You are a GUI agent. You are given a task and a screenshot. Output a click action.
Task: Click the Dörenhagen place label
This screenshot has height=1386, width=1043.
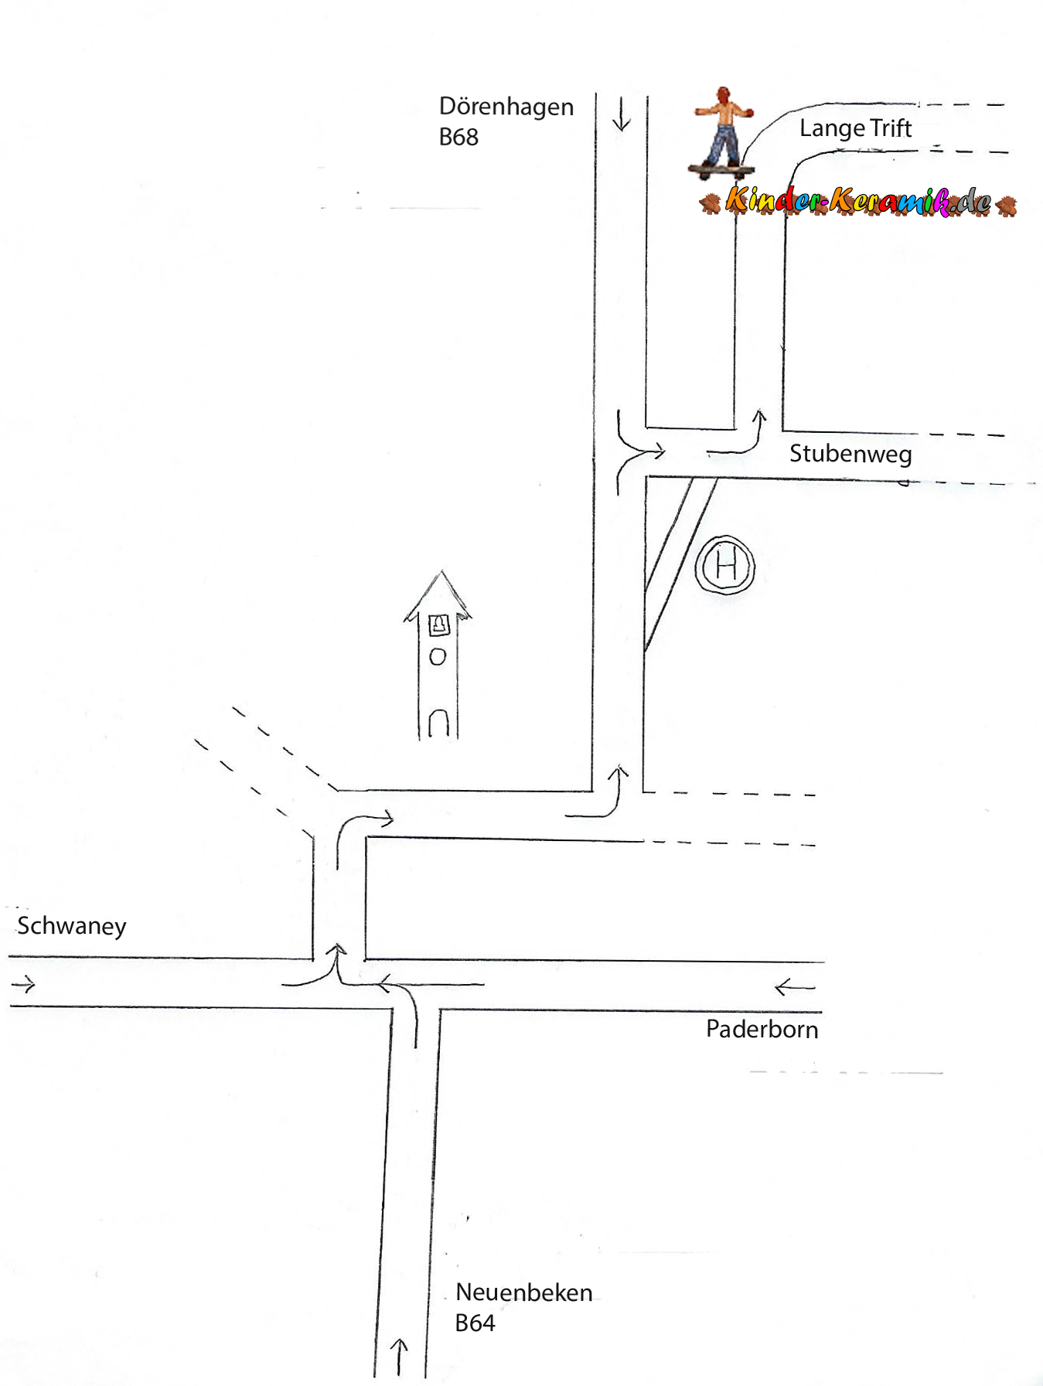506,107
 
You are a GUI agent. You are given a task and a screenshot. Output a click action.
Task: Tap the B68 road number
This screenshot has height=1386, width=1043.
458,138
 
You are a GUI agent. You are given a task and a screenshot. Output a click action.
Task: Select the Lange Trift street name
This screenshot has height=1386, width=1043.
855,128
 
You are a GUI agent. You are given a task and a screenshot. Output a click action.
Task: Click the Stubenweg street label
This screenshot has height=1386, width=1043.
850,454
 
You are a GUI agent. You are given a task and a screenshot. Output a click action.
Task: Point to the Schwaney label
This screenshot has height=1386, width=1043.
71,926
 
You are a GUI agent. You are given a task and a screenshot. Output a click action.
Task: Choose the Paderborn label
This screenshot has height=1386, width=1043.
762,1030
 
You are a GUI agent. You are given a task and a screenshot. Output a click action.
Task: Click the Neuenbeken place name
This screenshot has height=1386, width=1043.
523,1292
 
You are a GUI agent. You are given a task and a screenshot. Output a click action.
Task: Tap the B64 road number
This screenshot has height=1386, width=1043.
475,1323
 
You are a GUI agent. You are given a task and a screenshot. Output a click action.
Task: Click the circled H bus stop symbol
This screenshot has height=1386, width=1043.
724,566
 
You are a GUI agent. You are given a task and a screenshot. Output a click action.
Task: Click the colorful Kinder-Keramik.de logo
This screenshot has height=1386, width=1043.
858,202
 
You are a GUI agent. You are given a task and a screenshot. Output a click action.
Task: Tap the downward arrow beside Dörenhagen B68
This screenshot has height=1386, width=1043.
621,114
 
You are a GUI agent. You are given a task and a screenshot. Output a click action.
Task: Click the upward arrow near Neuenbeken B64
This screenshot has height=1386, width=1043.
399,1357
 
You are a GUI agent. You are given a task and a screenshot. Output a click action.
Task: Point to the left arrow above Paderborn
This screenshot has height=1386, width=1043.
795,987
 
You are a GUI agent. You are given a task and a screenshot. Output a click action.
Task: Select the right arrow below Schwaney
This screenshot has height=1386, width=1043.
24,984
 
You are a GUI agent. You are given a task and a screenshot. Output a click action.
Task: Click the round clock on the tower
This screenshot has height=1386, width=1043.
438,657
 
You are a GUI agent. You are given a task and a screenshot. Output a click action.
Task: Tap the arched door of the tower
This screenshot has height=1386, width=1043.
438,724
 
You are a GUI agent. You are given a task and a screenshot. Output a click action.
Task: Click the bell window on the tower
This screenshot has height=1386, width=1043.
438,624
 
